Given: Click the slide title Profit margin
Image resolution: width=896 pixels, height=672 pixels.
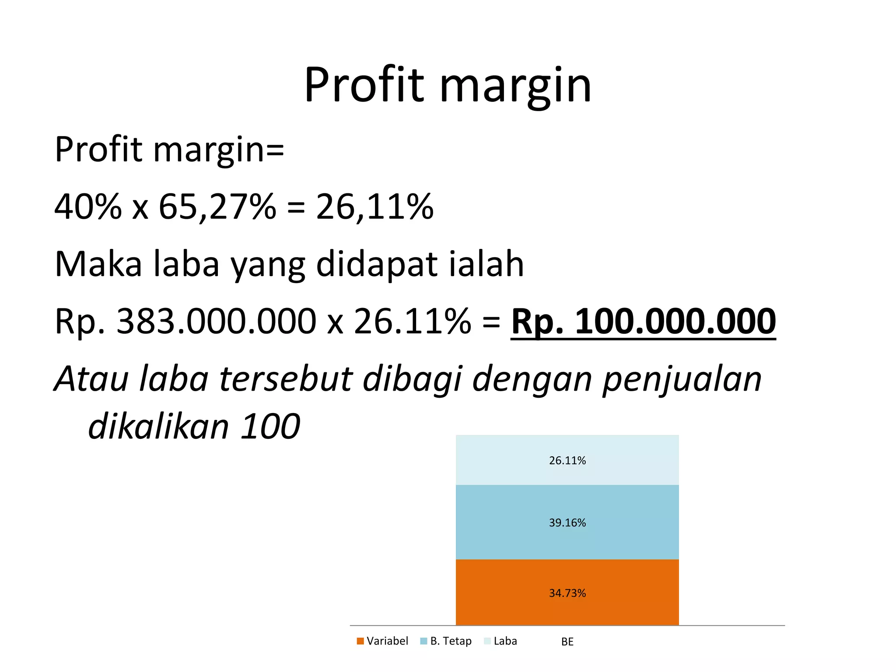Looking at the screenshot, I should click(x=448, y=85).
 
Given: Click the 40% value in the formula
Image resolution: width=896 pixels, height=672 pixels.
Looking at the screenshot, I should click(x=87, y=206).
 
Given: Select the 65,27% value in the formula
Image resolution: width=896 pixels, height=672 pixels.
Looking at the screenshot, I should click(x=217, y=206).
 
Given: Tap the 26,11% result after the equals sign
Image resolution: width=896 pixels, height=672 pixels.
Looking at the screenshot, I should click(x=374, y=206).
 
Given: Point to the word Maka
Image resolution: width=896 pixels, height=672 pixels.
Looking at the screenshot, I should click(x=98, y=264).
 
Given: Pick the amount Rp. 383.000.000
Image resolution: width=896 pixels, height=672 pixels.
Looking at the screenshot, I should click(x=185, y=322).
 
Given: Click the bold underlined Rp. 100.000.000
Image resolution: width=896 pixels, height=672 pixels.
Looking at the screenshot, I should click(x=643, y=322).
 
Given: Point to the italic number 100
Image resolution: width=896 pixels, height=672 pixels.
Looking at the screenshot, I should click(x=270, y=427).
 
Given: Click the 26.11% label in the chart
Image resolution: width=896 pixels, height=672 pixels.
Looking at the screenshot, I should click(x=567, y=460).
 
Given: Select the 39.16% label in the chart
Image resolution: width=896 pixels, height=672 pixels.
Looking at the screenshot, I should click(x=567, y=522).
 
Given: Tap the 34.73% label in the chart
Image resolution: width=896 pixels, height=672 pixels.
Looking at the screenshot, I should click(x=567, y=593).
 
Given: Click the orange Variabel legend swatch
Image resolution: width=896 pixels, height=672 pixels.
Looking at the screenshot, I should click(x=360, y=641).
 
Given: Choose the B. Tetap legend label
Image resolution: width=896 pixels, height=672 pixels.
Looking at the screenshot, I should click(x=451, y=641).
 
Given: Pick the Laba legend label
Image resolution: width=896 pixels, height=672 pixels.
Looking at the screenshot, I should click(x=505, y=641).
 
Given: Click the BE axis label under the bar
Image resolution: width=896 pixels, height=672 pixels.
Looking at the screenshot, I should click(x=567, y=642).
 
